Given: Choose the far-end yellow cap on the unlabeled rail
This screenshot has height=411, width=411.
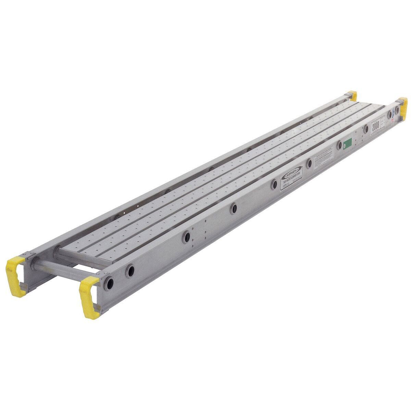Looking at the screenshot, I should (352, 95).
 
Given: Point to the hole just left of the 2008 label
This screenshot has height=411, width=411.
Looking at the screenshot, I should (366, 129).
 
